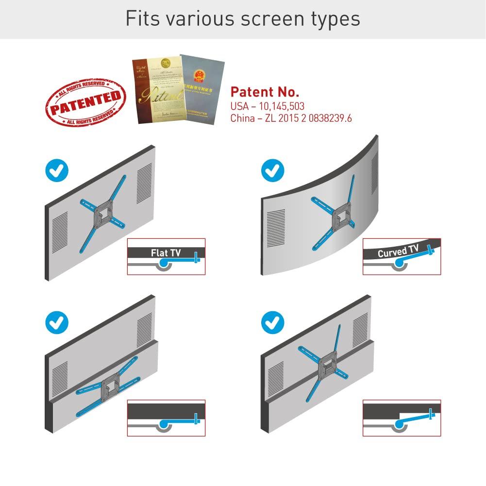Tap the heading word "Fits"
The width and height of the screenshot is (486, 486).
[x=141, y=18]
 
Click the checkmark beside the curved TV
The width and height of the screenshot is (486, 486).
[x=273, y=170]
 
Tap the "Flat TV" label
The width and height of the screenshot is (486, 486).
[x=166, y=252]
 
